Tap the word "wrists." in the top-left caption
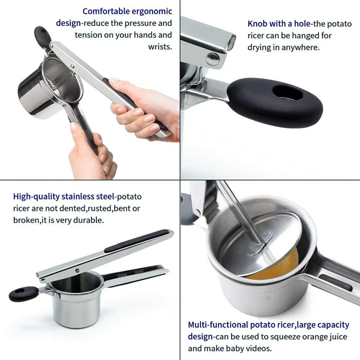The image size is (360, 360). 160,47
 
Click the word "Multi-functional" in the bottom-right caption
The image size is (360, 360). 218,325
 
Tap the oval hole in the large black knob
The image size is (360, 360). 288,93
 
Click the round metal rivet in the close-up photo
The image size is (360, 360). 212,59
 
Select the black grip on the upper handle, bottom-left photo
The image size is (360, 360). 136,241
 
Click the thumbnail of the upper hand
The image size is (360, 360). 113,81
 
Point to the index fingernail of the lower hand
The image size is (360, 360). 74,127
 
